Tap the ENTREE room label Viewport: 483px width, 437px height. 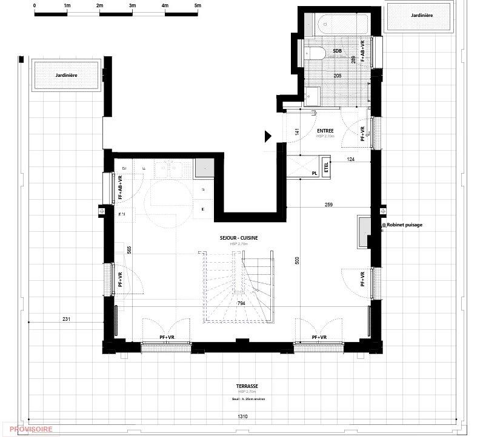326,131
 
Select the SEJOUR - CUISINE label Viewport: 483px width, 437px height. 239,238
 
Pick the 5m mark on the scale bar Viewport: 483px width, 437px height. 198,5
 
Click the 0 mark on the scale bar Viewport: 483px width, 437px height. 35,5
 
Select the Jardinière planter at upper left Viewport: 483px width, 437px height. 67,74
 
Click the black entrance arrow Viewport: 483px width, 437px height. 267,136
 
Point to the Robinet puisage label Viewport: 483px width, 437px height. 403,225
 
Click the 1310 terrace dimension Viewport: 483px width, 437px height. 242,416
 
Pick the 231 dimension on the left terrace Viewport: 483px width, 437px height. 66,319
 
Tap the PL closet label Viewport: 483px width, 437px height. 315,173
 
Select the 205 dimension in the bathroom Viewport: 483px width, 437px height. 338,74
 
